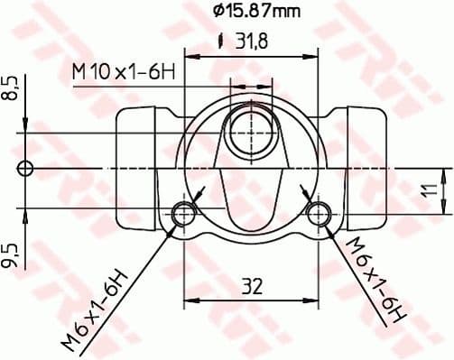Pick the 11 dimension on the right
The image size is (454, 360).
tap(432, 190)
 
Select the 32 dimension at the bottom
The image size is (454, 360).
tap(252, 287)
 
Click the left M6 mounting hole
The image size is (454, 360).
tap(184, 213)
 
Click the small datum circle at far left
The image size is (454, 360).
tap(26, 168)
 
